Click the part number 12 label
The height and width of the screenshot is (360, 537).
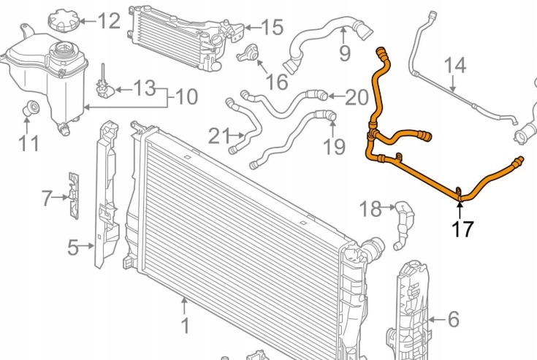109,20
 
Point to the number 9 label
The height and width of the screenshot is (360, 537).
344,53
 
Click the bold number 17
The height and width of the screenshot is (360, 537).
462,229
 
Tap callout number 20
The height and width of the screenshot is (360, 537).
357,96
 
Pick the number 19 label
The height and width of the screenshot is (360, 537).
334,147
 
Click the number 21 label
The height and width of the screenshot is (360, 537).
218,136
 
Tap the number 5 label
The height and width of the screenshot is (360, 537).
72,248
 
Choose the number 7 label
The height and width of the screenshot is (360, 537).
47,197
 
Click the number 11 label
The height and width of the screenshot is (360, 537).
28,142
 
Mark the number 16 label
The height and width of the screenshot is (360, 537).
277,81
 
